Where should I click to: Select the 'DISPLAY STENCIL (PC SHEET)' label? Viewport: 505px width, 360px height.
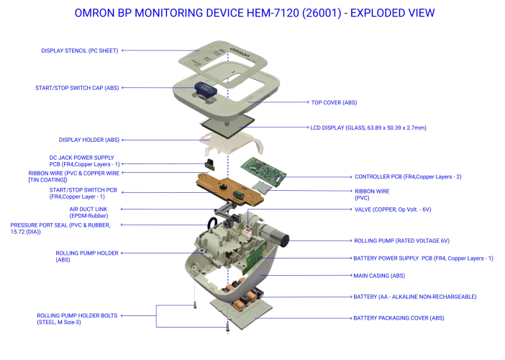coord(79,50)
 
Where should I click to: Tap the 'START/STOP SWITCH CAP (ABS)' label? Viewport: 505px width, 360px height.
coord(77,88)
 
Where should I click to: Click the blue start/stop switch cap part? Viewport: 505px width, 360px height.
coord(204,91)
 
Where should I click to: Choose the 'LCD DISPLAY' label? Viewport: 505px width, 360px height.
coord(367,127)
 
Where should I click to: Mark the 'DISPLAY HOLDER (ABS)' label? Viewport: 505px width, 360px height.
coord(89,140)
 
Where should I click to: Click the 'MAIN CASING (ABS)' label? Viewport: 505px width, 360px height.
coord(378,275)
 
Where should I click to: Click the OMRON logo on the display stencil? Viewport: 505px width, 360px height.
coord(239,54)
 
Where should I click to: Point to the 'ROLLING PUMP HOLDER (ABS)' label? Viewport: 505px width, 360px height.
coord(87,256)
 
